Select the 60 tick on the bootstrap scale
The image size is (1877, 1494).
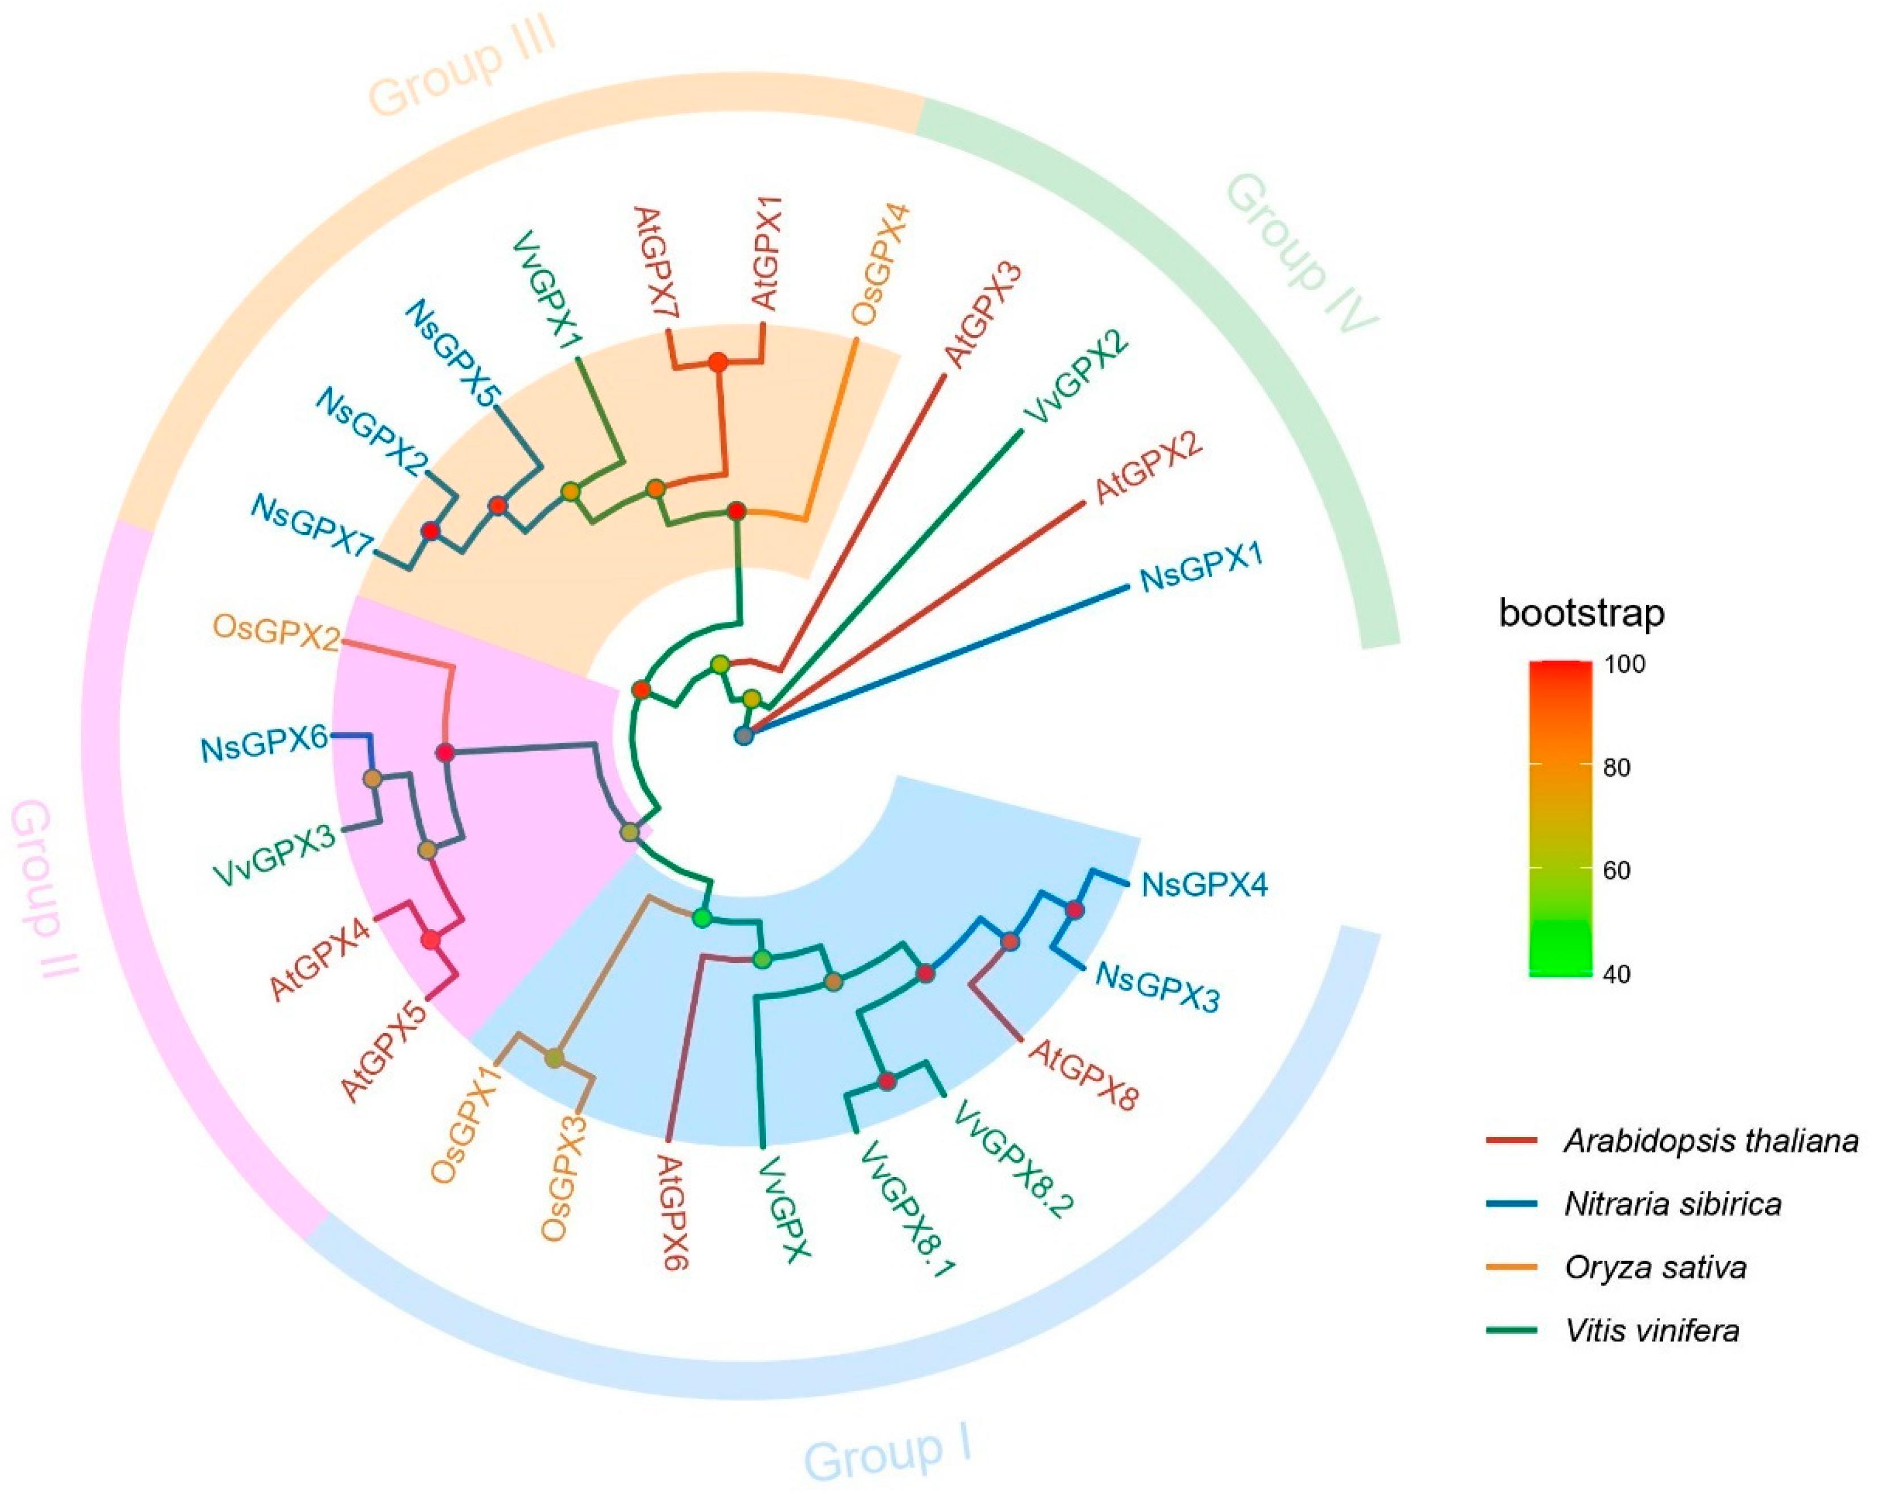[x=1617, y=870]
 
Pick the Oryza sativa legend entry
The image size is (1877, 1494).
[x=1654, y=1267]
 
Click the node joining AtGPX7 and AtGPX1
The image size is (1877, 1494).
[x=718, y=362]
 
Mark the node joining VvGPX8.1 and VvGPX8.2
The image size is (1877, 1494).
[x=886, y=1081]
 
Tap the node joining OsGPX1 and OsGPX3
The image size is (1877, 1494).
[x=555, y=1058]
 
